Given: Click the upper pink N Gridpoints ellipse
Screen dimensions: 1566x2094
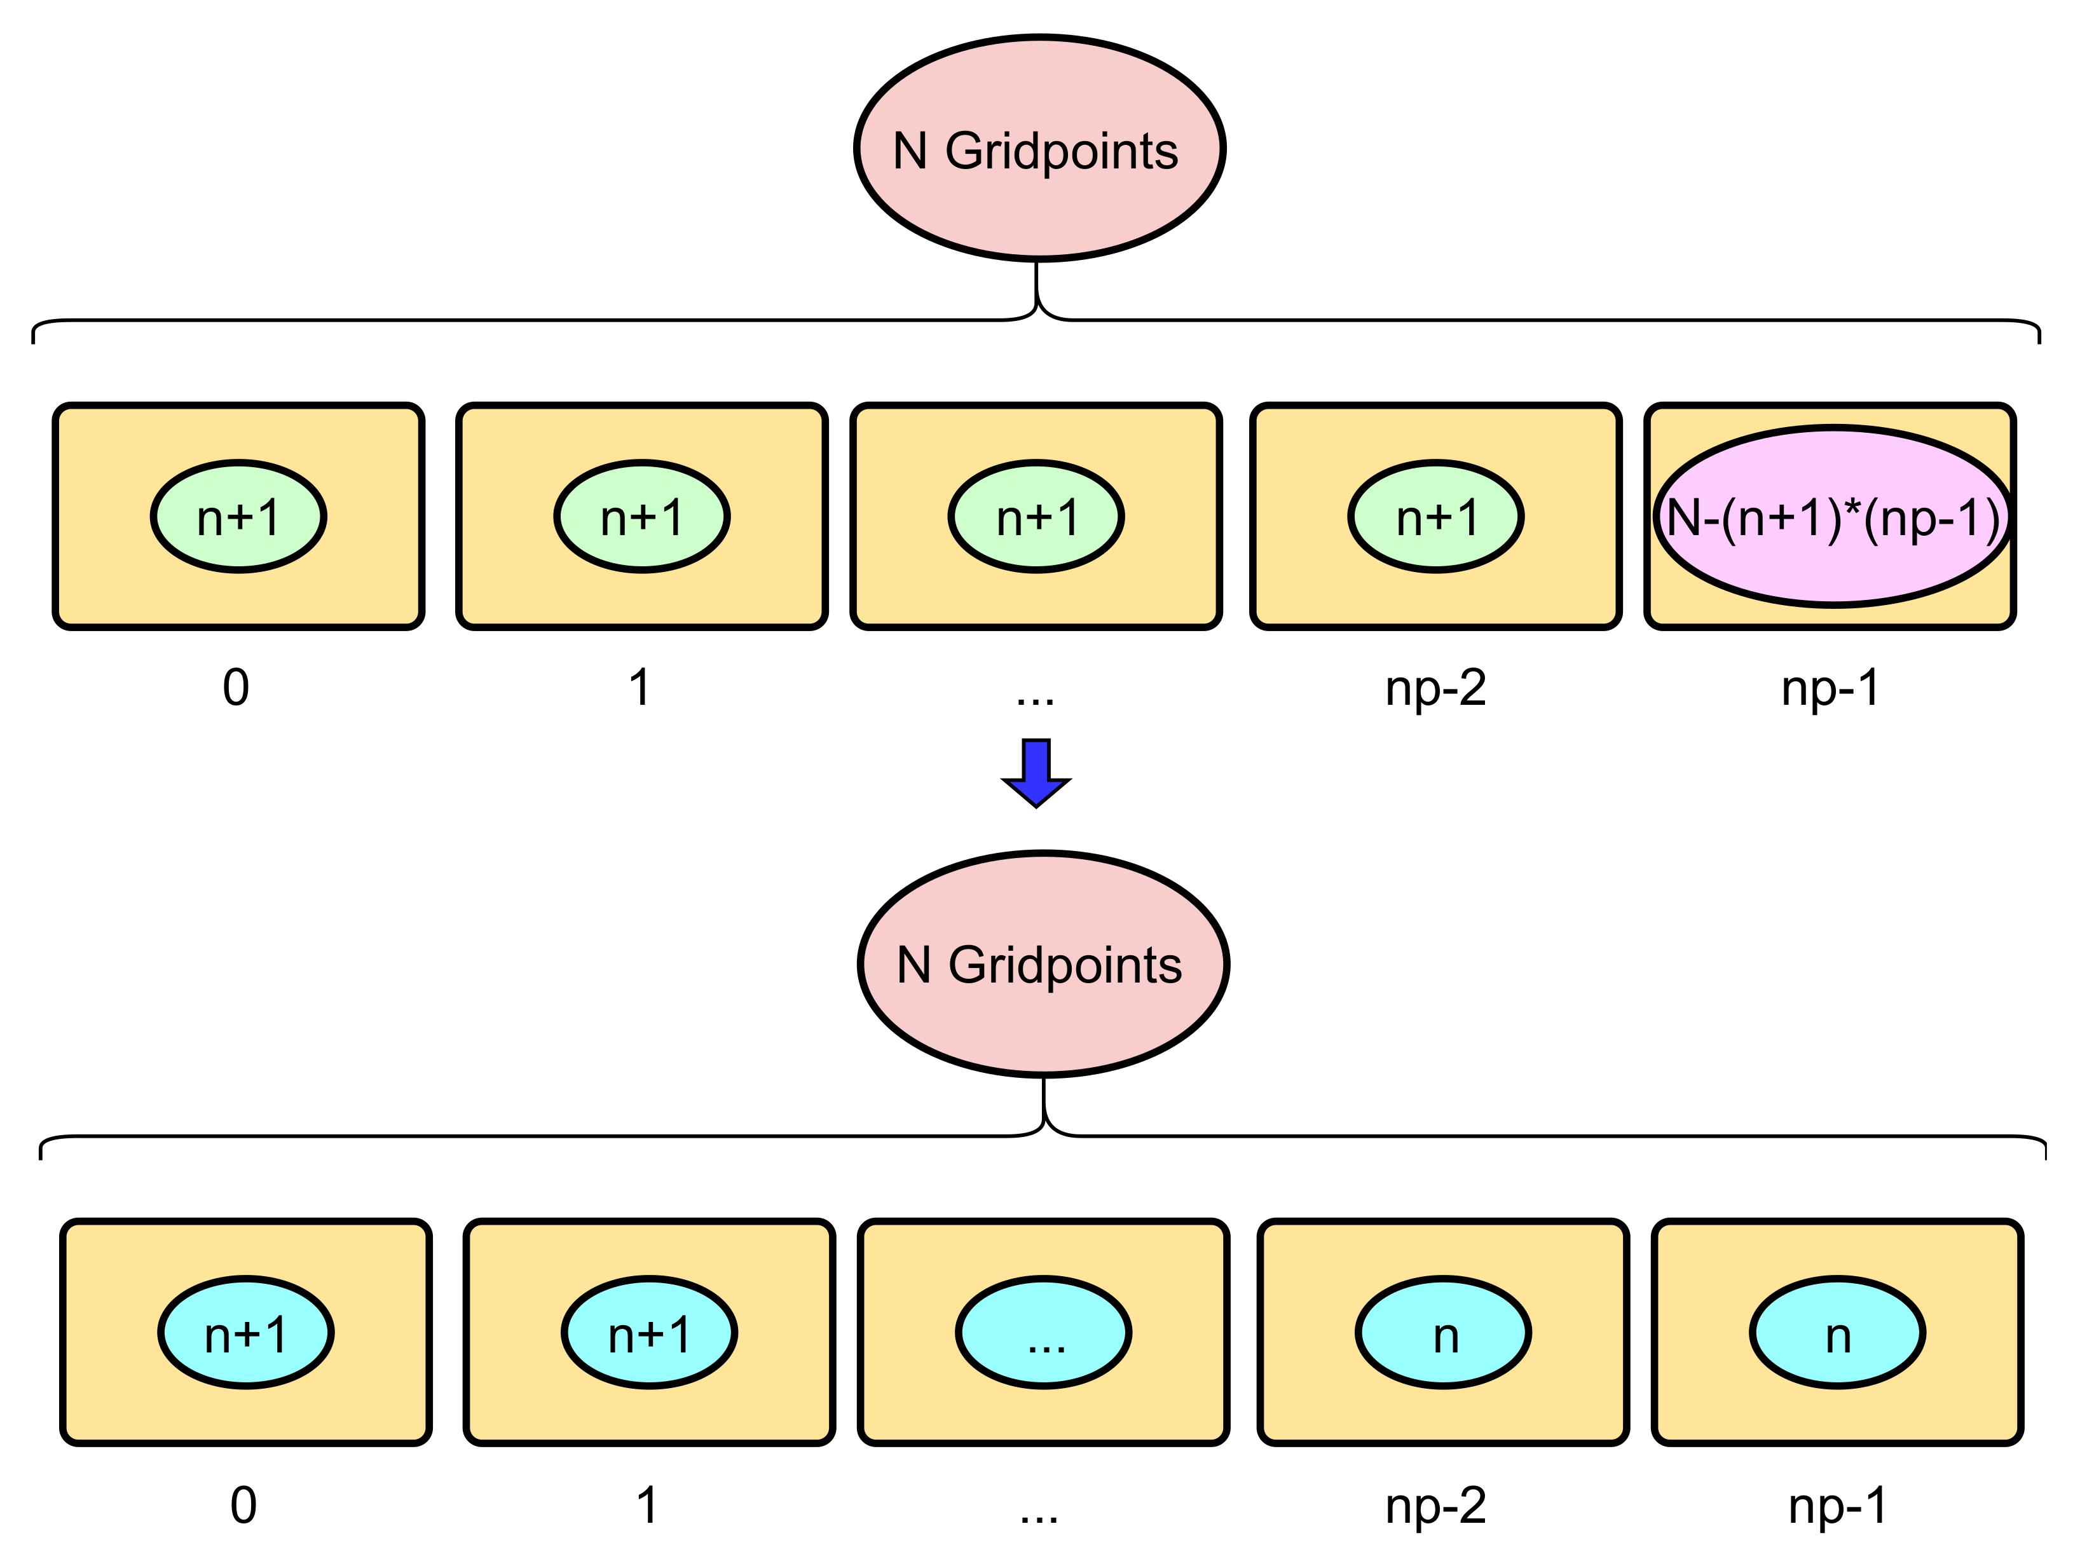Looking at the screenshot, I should (x=1039, y=149).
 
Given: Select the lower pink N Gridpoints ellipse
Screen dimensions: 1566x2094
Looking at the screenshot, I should (x=1043, y=964).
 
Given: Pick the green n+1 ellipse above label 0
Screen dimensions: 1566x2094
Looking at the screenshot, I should (x=238, y=517).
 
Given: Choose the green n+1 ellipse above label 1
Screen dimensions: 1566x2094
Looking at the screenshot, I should (x=642, y=517).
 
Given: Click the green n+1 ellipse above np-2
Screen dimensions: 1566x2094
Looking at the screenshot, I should (x=1435, y=517).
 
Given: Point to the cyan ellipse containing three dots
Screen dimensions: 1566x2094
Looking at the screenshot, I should (x=1043, y=1332).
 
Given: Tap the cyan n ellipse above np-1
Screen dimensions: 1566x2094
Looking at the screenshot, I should (x=1837, y=1332).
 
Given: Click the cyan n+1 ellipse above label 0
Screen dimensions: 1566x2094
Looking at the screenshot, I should (x=245, y=1332).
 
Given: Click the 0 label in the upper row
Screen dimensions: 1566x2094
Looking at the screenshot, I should (x=236, y=688).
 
